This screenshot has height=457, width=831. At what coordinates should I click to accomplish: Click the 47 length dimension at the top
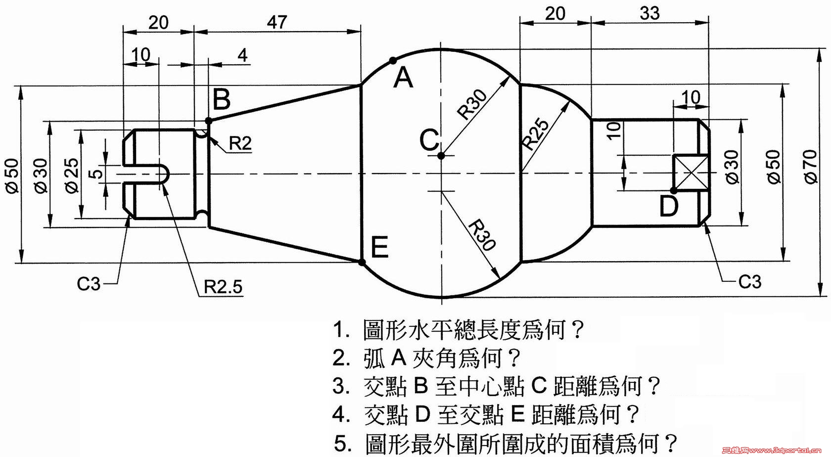(x=277, y=22)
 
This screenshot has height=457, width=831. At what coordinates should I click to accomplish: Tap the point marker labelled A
(x=392, y=60)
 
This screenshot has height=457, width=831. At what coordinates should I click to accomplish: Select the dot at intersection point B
(x=209, y=121)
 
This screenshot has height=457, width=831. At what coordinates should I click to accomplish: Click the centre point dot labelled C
(x=441, y=156)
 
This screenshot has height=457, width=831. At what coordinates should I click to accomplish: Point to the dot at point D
(x=674, y=191)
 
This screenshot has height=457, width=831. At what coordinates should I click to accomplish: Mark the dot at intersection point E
(x=362, y=262)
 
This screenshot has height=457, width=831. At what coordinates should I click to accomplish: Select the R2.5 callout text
(x=223, y=287)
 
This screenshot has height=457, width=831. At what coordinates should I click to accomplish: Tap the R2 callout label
(x=240, y=143)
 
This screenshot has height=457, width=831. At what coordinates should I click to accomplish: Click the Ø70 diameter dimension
(x=811, y=166)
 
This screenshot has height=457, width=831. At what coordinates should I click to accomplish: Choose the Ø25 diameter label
(x=72, y=176)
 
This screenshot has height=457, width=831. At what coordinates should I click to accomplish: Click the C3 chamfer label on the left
(x=89, y=284)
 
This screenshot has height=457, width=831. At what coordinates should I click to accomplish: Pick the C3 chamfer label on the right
(x=750, y=282)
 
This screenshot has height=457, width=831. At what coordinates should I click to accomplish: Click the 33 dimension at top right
(x=649, y=14)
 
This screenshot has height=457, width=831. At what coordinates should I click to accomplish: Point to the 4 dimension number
(x=242, y=55)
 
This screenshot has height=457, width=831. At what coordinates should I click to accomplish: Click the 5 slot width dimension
(x=96, y=174)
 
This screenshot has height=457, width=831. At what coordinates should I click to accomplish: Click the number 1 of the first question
(x=339, y=329)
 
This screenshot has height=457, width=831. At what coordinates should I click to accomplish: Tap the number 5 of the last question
(x=340, y=443)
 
